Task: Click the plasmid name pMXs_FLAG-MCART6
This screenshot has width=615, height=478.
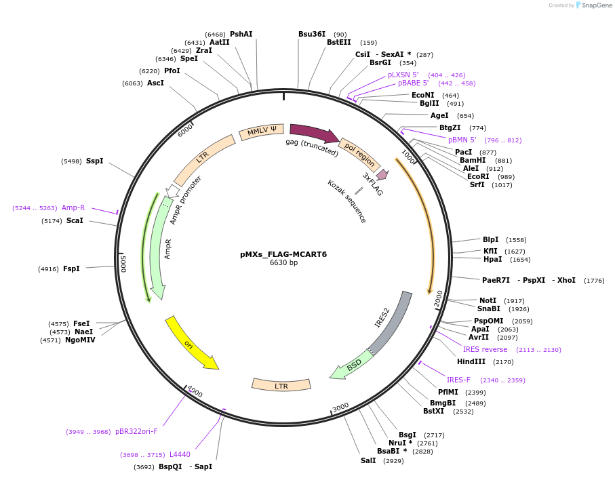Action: pos(283,254)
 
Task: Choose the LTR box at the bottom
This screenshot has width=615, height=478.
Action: pos(281,384)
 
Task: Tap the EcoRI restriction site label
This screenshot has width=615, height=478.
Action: pos(478,176)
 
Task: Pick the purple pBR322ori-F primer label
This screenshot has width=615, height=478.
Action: pos(136,431)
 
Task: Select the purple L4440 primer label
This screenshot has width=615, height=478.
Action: pos(180,454)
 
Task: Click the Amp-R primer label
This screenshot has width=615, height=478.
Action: pos(73,207)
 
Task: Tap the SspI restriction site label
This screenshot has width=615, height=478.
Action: pos(94,161)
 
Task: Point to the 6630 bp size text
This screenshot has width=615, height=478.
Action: pos(283,263)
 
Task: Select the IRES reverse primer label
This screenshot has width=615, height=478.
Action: pos(485,349)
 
